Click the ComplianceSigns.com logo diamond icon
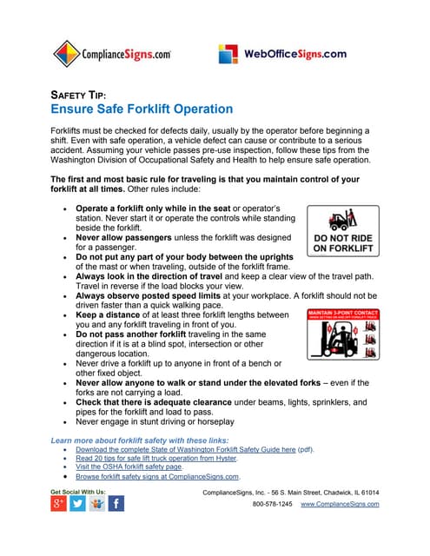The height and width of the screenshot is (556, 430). coord(66,55)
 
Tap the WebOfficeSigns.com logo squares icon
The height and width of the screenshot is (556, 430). coord(230,54)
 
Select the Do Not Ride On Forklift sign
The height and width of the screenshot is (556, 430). coord(344,231)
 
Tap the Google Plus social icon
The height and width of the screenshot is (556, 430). coord(58,504)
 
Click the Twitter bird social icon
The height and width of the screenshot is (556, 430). coord(78,504)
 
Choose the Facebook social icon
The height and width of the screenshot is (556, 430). coord(116,504)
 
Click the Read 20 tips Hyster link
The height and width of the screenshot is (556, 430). coord(155,458)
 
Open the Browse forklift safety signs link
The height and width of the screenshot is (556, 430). coord(156,476)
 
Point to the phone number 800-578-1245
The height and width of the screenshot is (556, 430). coord(272,504)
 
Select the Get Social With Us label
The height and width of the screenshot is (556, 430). coord(79,492)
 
